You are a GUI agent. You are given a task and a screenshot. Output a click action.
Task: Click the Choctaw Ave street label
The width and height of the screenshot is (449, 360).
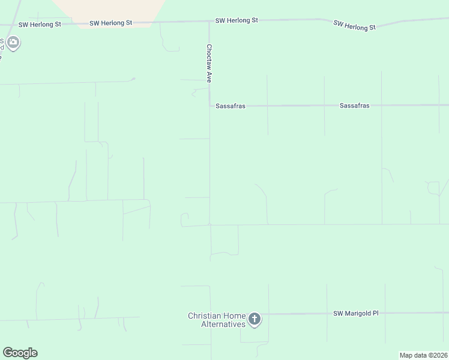(209, 63)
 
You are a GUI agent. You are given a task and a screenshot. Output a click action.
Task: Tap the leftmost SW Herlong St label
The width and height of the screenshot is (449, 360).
(40, 25)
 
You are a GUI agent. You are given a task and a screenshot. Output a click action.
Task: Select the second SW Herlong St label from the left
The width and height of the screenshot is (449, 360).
(110, 23)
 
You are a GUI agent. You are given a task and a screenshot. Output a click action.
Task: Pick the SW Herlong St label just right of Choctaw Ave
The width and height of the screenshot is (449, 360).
(237, 20)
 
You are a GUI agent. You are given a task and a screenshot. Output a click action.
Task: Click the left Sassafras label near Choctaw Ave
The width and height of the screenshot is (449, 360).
(230, 106)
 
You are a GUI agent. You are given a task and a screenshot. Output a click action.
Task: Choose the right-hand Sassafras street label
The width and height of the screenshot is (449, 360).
(354, 106)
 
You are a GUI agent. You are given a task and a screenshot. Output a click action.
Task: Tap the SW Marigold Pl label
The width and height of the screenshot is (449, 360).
(356, 313)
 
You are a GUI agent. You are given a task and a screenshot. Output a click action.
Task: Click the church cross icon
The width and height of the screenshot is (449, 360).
(255, 319)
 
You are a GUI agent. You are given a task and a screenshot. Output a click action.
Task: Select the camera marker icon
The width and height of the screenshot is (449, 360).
(13, 43)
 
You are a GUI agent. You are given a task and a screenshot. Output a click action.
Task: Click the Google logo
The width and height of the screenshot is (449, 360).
(20, 353)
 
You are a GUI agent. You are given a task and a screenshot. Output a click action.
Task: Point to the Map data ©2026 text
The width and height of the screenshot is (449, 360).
(423, 355)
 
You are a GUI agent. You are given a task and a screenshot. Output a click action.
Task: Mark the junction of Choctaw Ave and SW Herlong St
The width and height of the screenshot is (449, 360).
(209, 22)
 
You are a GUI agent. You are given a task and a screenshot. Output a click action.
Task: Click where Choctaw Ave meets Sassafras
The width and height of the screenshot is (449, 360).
(209, 106)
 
